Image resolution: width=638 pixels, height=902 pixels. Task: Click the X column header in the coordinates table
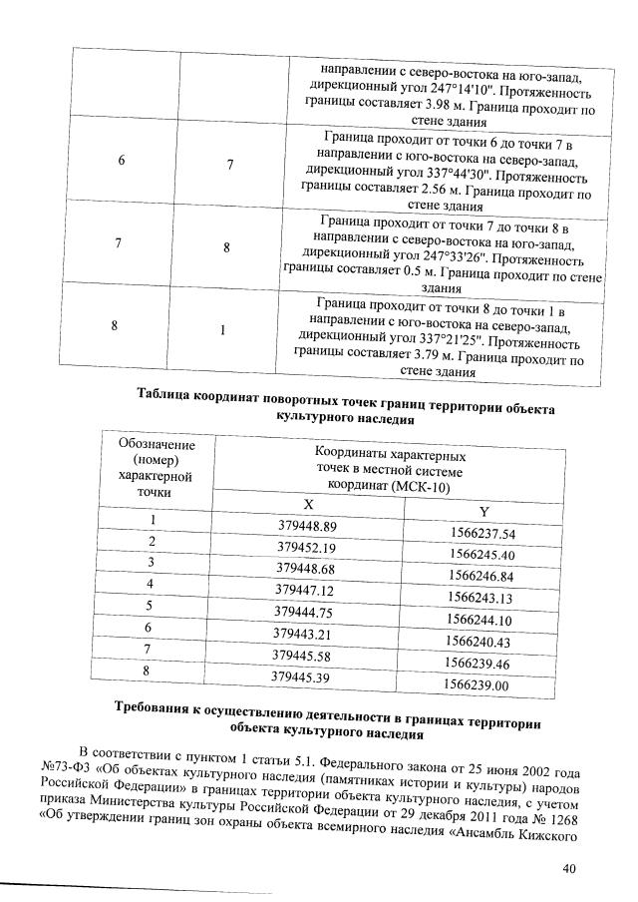click(308, 505)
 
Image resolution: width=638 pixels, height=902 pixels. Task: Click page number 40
click(570, 868)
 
